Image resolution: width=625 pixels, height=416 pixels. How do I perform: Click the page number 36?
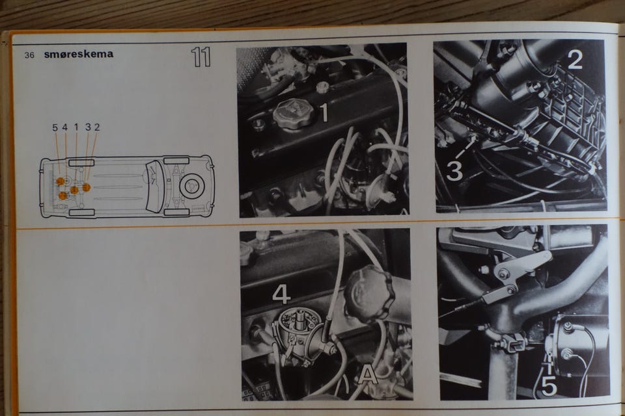pyautogui.click(x=29, y=55)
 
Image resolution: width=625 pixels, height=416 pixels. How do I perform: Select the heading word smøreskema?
pyautogui.click(x=79, y=54)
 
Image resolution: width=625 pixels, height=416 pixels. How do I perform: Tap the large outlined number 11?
pyautogui.click(x=201, y=57)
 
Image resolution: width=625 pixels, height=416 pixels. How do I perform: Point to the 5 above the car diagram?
pyautogui.click(x=55, y=128)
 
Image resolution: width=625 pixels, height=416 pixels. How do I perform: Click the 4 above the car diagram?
pyautogui.click(x=65, y=128)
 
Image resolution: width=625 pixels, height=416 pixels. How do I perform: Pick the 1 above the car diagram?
pyautogui.click(x=76, y=128)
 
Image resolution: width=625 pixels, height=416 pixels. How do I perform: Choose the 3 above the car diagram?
pyautogui.click(x=88, y=127)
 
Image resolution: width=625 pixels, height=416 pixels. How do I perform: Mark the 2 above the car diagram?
pyautogui.click(x=97, y=127)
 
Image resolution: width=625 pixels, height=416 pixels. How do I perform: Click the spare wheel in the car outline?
pyautogui.click(x=192, y=186)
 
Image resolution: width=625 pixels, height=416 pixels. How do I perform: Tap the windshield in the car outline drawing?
pyautogui.click(x=154, y=187)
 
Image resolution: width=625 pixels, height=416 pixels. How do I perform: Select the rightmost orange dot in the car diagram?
pyautogui.click(x=86, y=187)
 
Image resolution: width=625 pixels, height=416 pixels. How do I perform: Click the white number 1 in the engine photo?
pyautogui.click(x=325, y=112)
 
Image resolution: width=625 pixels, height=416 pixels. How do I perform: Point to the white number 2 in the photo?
pyautogui.click(x=574, y=60)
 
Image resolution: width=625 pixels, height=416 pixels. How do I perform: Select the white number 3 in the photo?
pyautogui.click(x=454, y=170)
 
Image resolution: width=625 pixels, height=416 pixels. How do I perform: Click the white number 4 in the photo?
pyautogui.click(x=281, y=293)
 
